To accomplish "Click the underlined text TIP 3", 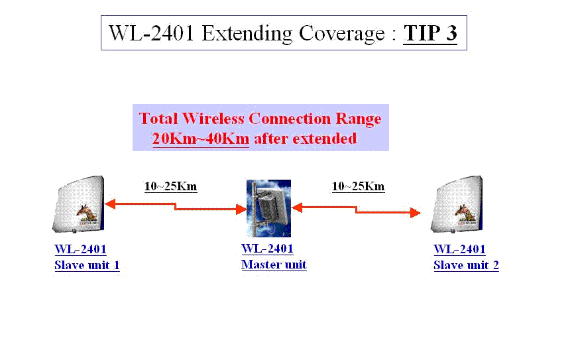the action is (x=430, y=33).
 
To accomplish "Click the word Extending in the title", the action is (x=247, y=34).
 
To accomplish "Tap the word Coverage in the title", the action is (x=342, y=34).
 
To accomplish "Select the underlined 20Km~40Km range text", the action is (x=201, y=139).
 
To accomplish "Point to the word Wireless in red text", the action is (x=213, y=119).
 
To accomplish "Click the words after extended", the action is (x=306, y=139).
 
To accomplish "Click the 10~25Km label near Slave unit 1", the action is (x=171, y=186).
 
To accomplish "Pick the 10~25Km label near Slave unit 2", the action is (x=358, y=186).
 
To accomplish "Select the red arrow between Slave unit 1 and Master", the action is (x=176, y=207).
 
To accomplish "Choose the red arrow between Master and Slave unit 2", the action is (x=356, y=210).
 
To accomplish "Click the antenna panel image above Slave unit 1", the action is (x=78, y=204).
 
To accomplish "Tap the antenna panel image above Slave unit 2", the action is (x=457, y=204).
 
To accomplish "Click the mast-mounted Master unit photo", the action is (x=269, y=208).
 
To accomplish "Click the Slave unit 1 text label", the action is (x=87, y=265).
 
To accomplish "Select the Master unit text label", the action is (x=274, y=265).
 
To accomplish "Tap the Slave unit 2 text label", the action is (x=466, y=265).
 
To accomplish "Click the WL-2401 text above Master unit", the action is (x=267, y=249).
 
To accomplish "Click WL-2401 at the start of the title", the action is (x=151, y=33).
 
